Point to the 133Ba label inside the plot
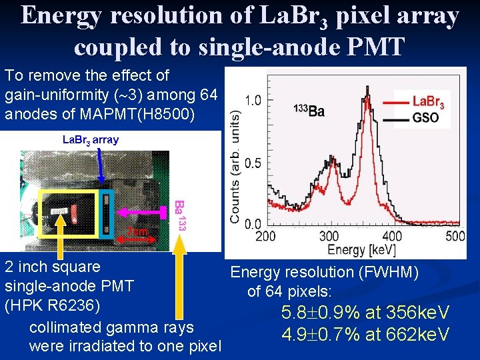[309, 110]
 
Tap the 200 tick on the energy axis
[265, 236]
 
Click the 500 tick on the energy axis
[455, 236]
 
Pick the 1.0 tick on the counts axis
[253, 100]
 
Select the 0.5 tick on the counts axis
[253, 163]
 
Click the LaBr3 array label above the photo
[90, 139]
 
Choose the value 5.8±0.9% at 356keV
[366, 313]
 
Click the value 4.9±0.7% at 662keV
[365, 333]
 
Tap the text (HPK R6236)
[53, 307]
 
